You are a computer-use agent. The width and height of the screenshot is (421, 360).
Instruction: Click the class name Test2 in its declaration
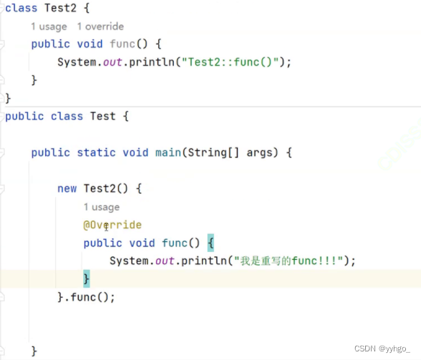click(x=60, y=8)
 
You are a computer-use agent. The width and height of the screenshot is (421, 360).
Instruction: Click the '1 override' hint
click(x=100, y=26)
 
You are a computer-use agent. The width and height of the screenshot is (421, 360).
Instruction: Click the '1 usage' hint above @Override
click(x=102, y=207)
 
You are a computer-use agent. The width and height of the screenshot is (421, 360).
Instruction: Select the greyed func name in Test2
click(x=122, y=44)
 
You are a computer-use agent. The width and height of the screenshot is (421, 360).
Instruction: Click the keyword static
click(x=96, y=152)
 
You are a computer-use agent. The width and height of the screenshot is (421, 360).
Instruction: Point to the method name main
click(x=168, y=152)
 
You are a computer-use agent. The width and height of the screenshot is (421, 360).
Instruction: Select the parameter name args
click(x=259, y=153)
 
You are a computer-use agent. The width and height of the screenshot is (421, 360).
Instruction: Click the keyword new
click(x=67, y=188)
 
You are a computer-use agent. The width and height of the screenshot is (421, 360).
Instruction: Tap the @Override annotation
click(x=112, y=225)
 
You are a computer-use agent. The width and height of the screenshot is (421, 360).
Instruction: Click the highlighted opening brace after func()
click(x=210, y=243)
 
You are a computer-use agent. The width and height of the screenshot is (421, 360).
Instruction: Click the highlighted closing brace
click(x=87, y=278)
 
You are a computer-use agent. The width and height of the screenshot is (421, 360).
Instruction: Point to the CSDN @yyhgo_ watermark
click(x=382, y=349)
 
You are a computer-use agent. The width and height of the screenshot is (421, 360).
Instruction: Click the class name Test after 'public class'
click(x=103, y=116)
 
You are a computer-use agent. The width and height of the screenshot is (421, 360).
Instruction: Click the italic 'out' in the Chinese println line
click(x=165, y=261)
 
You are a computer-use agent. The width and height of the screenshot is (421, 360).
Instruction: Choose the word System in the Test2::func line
click(x=77, y=62)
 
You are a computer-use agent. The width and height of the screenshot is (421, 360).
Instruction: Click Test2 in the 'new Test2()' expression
click(x=100, y=188)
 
